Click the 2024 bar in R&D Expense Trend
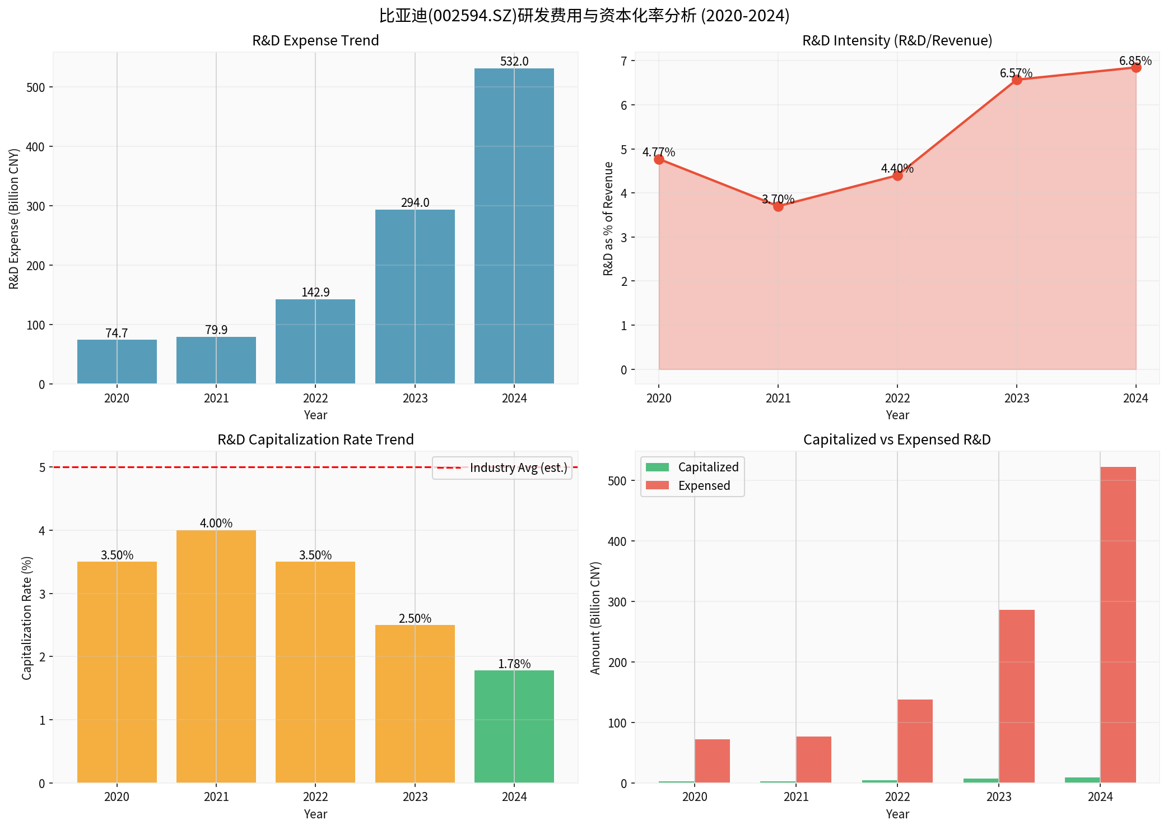[514, 226]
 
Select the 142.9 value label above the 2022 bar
[315, 292]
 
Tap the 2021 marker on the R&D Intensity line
[778, 206]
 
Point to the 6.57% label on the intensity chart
[1016, 73]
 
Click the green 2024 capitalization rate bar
[514, 726]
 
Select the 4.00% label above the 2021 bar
[216, 523]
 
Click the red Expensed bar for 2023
[1016, 696]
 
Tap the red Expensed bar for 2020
[712, 761]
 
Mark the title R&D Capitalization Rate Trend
[315, 439]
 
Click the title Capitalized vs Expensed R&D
[897, 439]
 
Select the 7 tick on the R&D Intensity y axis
[623, 61]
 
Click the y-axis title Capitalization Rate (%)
[27, 618]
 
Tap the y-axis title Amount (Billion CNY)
[595, 618]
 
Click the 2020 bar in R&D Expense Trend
[117, 362]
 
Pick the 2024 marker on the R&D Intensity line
[1136, 68]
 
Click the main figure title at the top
[584, 15]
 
